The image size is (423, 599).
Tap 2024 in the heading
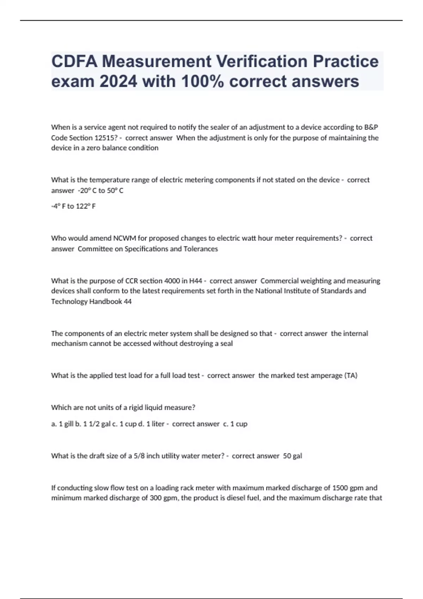(118, 81)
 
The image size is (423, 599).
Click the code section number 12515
(105, 138)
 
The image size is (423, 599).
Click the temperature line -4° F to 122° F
(73, 206)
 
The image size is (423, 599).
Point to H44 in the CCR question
(196, 281)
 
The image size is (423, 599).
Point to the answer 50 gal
(292, 456)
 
